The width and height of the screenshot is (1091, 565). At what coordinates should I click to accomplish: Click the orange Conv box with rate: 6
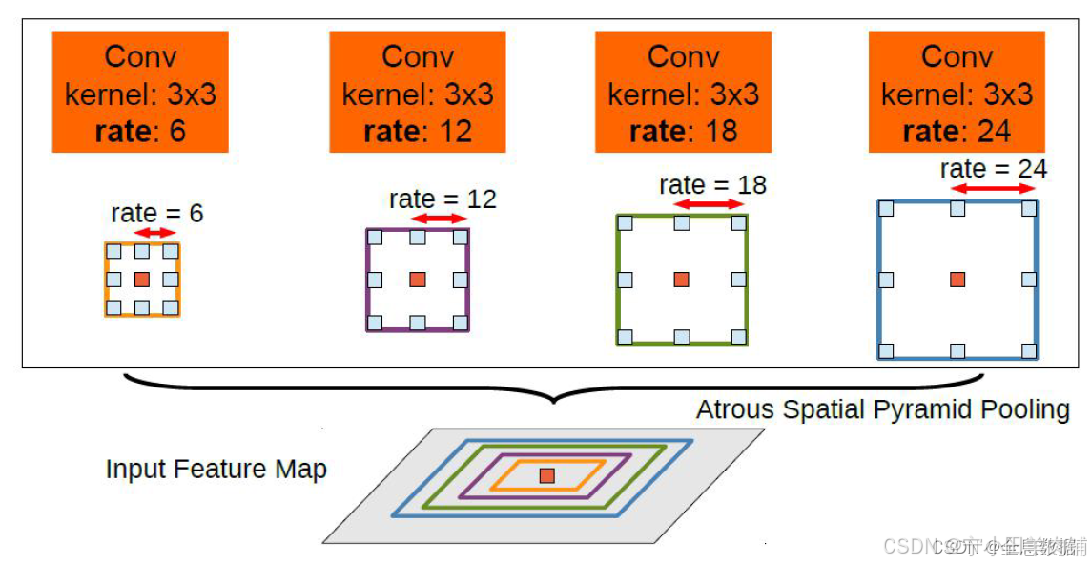(x=140, y=93)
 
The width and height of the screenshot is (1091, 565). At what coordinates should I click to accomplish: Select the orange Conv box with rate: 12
(x=418, y=93)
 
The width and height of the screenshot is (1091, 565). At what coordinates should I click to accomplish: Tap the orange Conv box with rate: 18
(x=683, y=93)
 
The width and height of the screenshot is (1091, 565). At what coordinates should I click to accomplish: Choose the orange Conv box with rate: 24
(x=957, y=93)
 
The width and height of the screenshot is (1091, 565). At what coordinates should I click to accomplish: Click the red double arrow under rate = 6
(x=155, y=232)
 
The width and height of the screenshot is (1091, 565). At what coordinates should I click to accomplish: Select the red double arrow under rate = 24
(x=993, y=189)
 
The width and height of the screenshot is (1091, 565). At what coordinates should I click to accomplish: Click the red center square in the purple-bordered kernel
(x=418, y=280)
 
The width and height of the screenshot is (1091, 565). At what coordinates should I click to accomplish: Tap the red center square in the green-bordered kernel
(x=682, y=280)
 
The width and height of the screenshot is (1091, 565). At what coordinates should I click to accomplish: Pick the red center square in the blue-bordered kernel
(x=957, y=280)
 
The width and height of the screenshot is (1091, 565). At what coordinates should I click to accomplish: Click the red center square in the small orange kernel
(x=142, y=280)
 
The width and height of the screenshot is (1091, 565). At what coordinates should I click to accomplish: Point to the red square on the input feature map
(x=546, y=475)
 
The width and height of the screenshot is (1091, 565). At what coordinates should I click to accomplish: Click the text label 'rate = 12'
(x=443, y=199)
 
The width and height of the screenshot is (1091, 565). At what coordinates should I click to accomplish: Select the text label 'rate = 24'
(x=993, y=169)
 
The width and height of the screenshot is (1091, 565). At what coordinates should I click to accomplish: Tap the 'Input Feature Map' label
(x=216, y=470)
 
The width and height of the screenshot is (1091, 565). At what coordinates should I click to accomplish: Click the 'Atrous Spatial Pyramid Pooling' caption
(x=882, y=410)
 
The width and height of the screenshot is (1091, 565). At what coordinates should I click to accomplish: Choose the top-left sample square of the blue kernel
(x=886, y=208)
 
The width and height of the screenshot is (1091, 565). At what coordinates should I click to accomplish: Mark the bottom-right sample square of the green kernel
(x=738, y=336)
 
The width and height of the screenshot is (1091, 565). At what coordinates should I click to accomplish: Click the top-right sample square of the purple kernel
(x=461, y=238)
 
